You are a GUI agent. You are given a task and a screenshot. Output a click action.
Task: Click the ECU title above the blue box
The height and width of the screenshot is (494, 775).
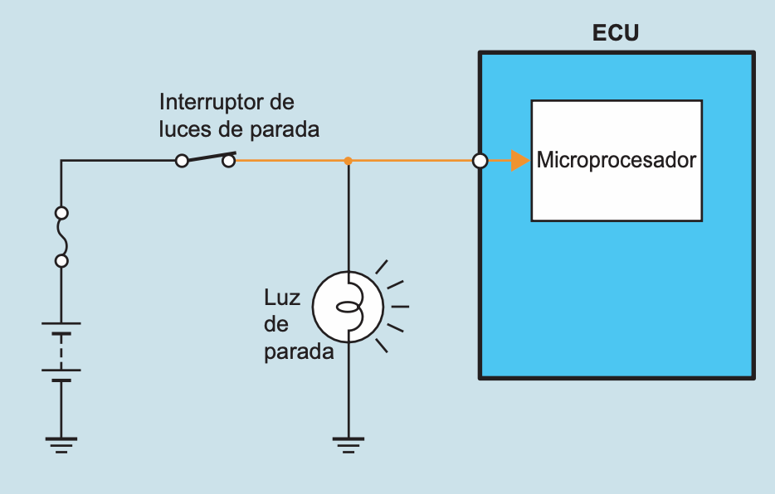(616, 34)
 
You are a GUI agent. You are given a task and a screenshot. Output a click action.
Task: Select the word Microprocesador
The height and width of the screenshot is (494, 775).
(616, 160)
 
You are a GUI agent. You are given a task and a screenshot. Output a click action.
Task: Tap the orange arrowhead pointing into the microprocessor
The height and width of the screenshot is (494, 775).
(520, 161)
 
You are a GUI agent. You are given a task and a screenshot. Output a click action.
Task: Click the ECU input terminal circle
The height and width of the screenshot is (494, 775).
(480, 161)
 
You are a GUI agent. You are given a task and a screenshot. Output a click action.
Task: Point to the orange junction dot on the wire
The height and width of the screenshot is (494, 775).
(349, 161)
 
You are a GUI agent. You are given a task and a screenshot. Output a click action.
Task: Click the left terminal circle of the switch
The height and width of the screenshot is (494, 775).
(182, 161)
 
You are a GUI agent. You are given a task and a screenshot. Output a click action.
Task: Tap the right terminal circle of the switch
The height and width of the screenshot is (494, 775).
(229, 161)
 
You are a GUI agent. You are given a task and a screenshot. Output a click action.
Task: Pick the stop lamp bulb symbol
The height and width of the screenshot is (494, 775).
(348, 307)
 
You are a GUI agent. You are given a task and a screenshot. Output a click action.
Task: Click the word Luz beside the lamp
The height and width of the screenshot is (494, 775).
(281, 297)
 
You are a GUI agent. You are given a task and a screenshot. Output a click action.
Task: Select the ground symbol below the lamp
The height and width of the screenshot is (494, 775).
(349, 445)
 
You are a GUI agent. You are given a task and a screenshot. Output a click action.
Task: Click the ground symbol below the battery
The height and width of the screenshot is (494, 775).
(61, 445)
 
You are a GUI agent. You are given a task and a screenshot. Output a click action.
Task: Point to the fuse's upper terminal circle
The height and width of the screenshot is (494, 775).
(61, 212)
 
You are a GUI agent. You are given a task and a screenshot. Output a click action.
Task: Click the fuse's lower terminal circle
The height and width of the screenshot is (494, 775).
(61, 261)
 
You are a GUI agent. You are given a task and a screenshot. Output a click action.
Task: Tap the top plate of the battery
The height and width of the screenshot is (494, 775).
(61, 324)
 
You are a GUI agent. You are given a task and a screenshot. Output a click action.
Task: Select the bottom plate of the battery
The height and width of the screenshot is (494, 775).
(61, 380)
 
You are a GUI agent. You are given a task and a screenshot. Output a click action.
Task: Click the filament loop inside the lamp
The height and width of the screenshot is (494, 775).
(348, 308)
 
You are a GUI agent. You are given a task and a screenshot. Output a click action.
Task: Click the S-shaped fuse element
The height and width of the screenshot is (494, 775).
(61, 236)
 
